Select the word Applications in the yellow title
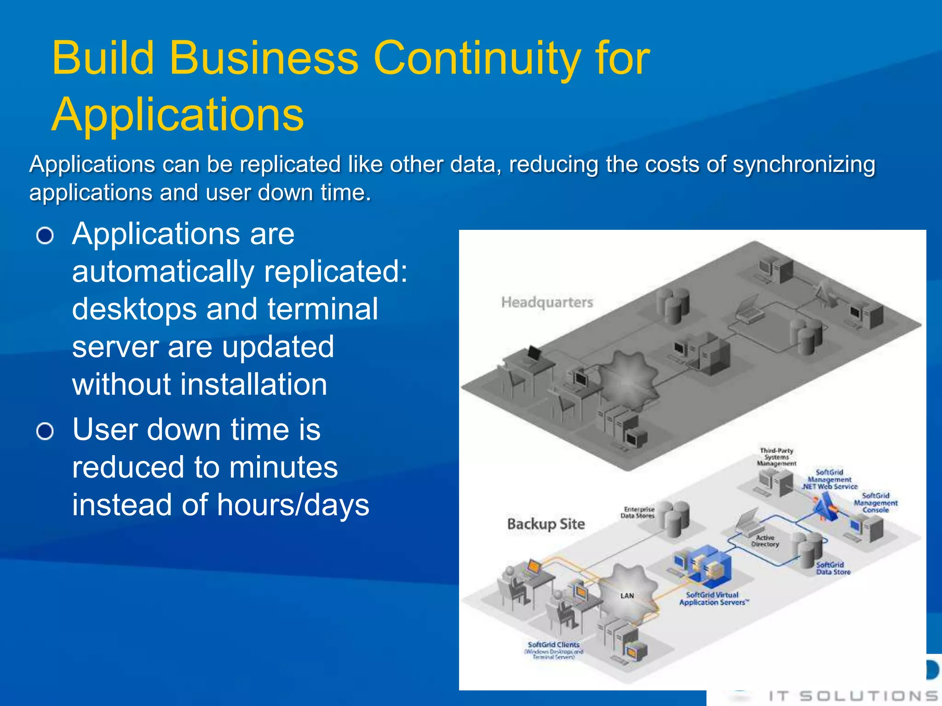178,115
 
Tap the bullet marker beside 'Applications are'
45,236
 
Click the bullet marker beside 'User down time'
45,432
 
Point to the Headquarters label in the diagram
547,302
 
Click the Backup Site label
546,524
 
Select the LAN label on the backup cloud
627,596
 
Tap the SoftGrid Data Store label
833,569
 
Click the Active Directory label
765,541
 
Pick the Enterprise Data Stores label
638,512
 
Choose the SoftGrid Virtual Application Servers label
712,598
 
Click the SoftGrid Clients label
553,645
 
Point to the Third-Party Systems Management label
776,457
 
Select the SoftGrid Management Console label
875,502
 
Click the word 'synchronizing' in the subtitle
804,165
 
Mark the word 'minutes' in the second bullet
283,467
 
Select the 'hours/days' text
293,505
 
